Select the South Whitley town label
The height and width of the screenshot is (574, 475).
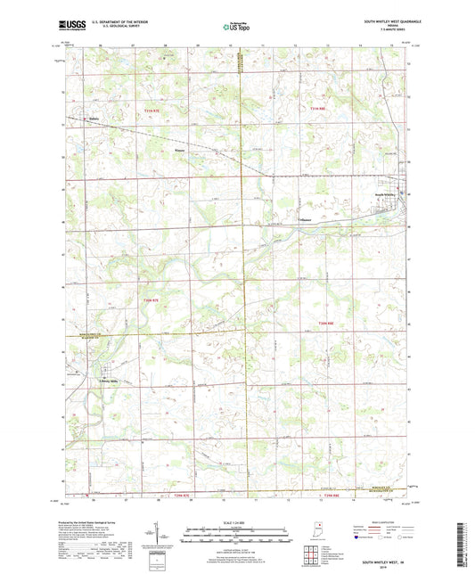pyautogui.click(x=386, y=193)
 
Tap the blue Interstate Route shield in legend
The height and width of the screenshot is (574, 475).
pyautogui.click(x=360, y=537)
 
